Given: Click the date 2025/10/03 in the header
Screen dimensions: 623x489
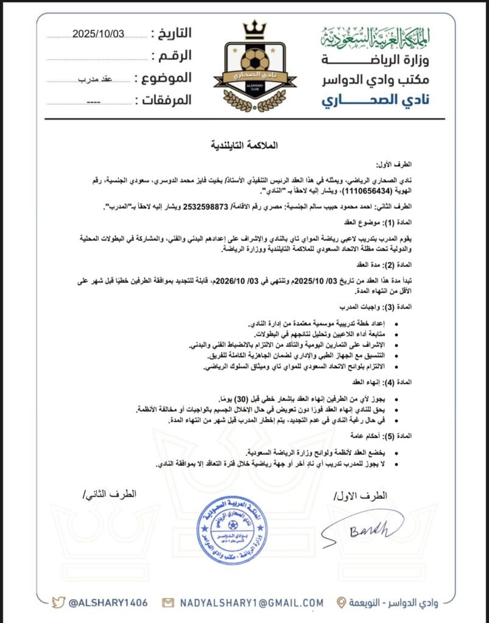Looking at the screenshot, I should point(98,34).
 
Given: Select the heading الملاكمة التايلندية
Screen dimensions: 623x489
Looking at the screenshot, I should point(243,145).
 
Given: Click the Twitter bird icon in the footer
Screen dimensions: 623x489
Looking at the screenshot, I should point(58,602).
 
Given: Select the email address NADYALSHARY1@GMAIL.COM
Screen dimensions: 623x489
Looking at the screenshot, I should point(250,602).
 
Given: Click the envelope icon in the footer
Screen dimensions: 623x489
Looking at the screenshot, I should point(168,602).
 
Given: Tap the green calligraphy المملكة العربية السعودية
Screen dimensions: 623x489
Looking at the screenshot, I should point(375,38).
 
